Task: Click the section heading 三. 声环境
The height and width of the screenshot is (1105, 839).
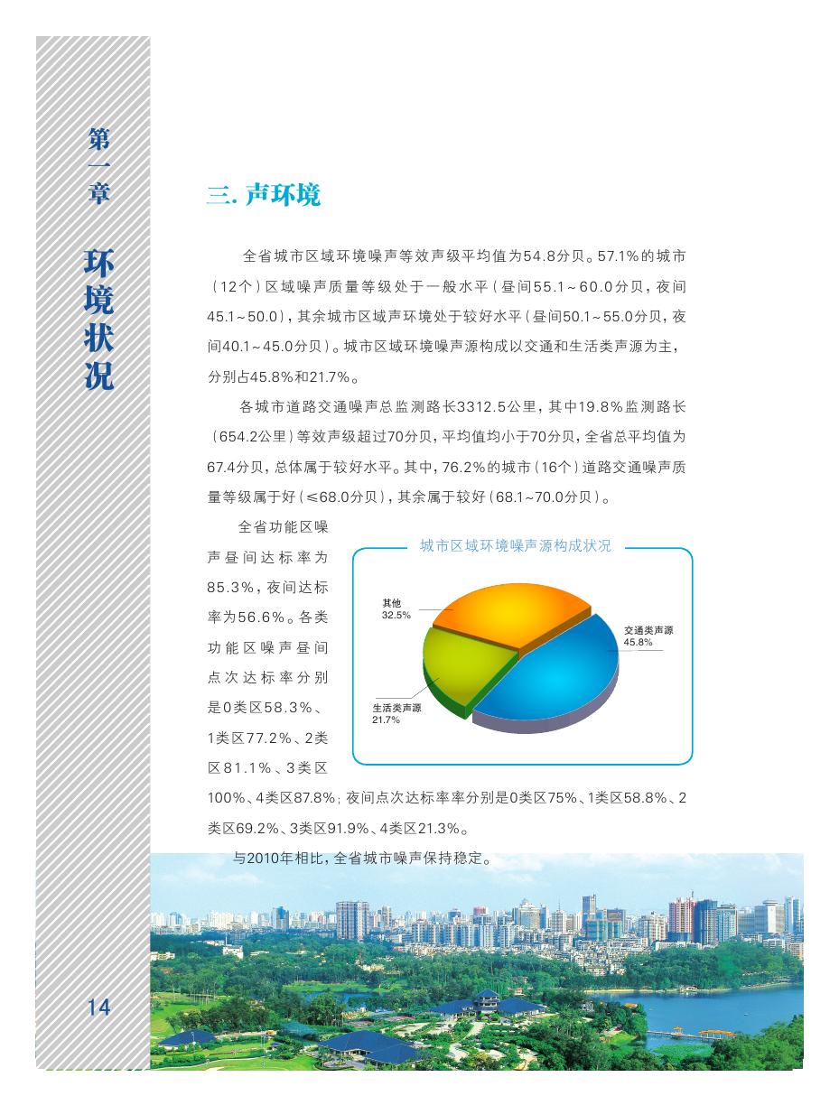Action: click(x=264, y=195)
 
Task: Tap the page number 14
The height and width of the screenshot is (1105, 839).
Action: click(x=98, y=1007)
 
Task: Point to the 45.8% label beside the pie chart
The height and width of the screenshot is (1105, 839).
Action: click(x=638, y=642)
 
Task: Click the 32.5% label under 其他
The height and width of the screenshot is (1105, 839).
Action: click(x=396, y=615)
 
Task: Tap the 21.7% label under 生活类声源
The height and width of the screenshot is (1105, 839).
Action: click(x=386, y=720)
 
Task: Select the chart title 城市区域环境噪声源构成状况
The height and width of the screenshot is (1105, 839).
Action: click(x=516, y=546)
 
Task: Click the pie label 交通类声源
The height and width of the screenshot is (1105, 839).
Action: click(x=648, y=630)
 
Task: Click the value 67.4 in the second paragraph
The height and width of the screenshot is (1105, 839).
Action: click(x=222, y=467)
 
